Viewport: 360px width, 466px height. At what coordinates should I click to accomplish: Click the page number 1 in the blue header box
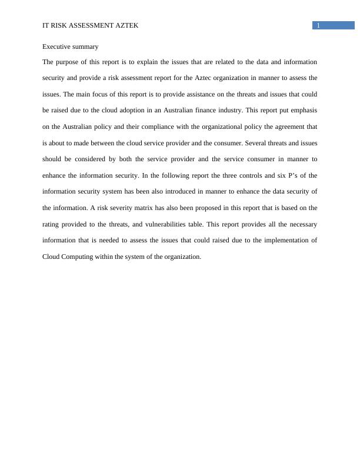318,25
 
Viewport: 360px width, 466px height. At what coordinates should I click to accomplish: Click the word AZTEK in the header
125,25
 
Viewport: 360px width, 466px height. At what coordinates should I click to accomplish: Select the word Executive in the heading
57,46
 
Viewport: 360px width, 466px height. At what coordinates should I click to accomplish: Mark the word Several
255,143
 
